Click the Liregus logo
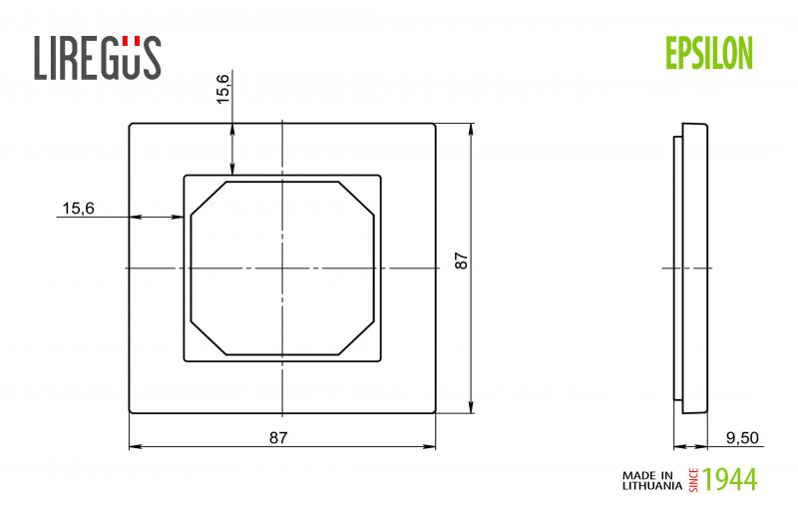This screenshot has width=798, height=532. [98, 57]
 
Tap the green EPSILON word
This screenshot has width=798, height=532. [709, 54]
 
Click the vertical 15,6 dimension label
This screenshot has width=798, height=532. [222, 89]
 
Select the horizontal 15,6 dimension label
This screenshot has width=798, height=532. [78, 209]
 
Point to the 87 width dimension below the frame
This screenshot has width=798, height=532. [278, 438]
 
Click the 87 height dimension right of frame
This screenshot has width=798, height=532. [462, 261]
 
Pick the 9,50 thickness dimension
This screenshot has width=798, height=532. [742, 438]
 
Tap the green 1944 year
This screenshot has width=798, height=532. [730, 479]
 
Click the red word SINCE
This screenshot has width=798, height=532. [693, 480]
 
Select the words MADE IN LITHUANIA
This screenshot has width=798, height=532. [652, 480]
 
